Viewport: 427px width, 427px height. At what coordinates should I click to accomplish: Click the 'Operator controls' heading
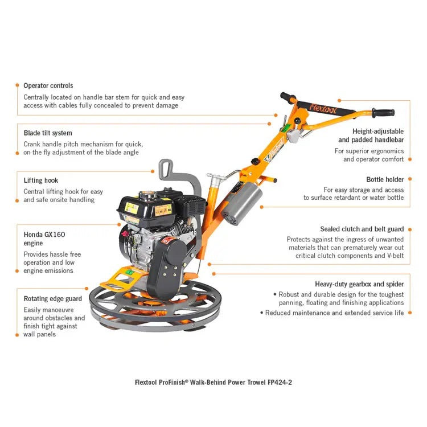[x=48, y=85]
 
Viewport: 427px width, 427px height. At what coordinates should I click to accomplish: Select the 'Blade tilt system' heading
[x=48, y=133]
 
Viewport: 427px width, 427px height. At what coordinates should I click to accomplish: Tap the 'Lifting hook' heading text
[x=41, y=180]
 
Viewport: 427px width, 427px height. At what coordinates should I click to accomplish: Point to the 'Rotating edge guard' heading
[x=52, y=298]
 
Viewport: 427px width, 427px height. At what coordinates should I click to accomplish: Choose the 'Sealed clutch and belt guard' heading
[x=362, y=229]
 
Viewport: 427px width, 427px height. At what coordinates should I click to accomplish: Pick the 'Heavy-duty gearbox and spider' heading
[x=359, y=284]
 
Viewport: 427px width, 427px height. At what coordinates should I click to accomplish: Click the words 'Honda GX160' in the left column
[x=41, y=234]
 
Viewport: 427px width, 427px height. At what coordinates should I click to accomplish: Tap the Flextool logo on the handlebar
[x=325, y=106]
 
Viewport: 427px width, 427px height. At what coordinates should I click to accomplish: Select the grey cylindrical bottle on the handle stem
[x=245, y=202]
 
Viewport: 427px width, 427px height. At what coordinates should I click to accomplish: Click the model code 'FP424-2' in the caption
[x=280, y=382]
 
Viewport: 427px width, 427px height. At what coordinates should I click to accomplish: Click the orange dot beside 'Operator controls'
[x=16, y=85]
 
